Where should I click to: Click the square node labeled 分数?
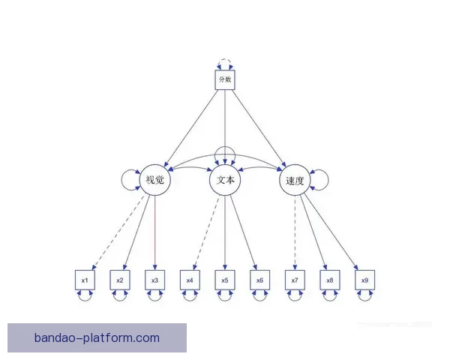pos(225,79)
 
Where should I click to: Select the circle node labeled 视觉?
pos(155,180)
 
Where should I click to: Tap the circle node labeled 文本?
pos(225,180)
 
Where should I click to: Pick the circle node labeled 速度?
pos(295,180)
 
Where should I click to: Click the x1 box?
pos(85,280)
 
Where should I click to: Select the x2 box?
pos(120,280)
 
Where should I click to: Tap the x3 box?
pos(155,280)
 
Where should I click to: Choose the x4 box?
pos(190,280)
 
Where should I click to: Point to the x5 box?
pos(225,280)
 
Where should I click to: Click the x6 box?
pos(260,280)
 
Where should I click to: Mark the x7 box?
pos(295,280)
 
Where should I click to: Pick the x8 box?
pos(330,280)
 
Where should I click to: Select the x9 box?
pos(365,280)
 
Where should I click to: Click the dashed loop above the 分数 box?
pos(225,59)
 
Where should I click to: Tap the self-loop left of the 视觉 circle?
pos(121,180)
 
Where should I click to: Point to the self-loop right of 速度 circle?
pos(328,180)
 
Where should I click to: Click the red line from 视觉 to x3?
pos(155,232)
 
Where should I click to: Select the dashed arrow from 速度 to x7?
pos(295,232)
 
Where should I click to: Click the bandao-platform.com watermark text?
pos(97,337)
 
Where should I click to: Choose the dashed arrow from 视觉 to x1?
pos(118,232)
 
